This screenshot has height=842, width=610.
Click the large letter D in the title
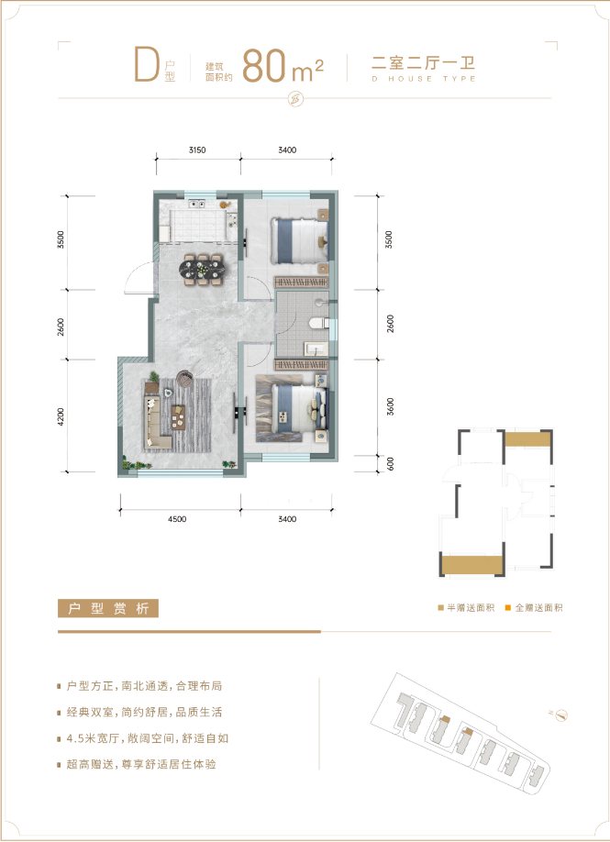click(147, 64)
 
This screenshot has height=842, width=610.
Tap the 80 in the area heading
click(263, 66)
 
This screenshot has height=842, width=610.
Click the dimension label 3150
click(197, 150)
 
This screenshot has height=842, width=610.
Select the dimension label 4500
click(177, 519)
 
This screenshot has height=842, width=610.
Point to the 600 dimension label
click(391, 463)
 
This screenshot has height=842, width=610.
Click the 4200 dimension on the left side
click(61, 417)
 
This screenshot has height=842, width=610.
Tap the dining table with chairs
click(202, 270)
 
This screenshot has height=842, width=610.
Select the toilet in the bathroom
click(319, 323)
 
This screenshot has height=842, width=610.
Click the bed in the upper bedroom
click(300, 240)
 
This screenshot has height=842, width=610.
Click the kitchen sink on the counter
click(196, 204)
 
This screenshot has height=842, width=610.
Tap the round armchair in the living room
click(184, 379)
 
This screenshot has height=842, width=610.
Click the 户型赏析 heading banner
click(108, 608)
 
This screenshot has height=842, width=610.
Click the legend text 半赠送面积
click(471, 608)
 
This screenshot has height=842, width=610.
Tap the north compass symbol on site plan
click(561, 715)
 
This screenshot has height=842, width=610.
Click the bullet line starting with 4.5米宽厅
click(148, 738)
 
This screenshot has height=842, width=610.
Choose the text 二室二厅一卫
click(423, 62)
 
